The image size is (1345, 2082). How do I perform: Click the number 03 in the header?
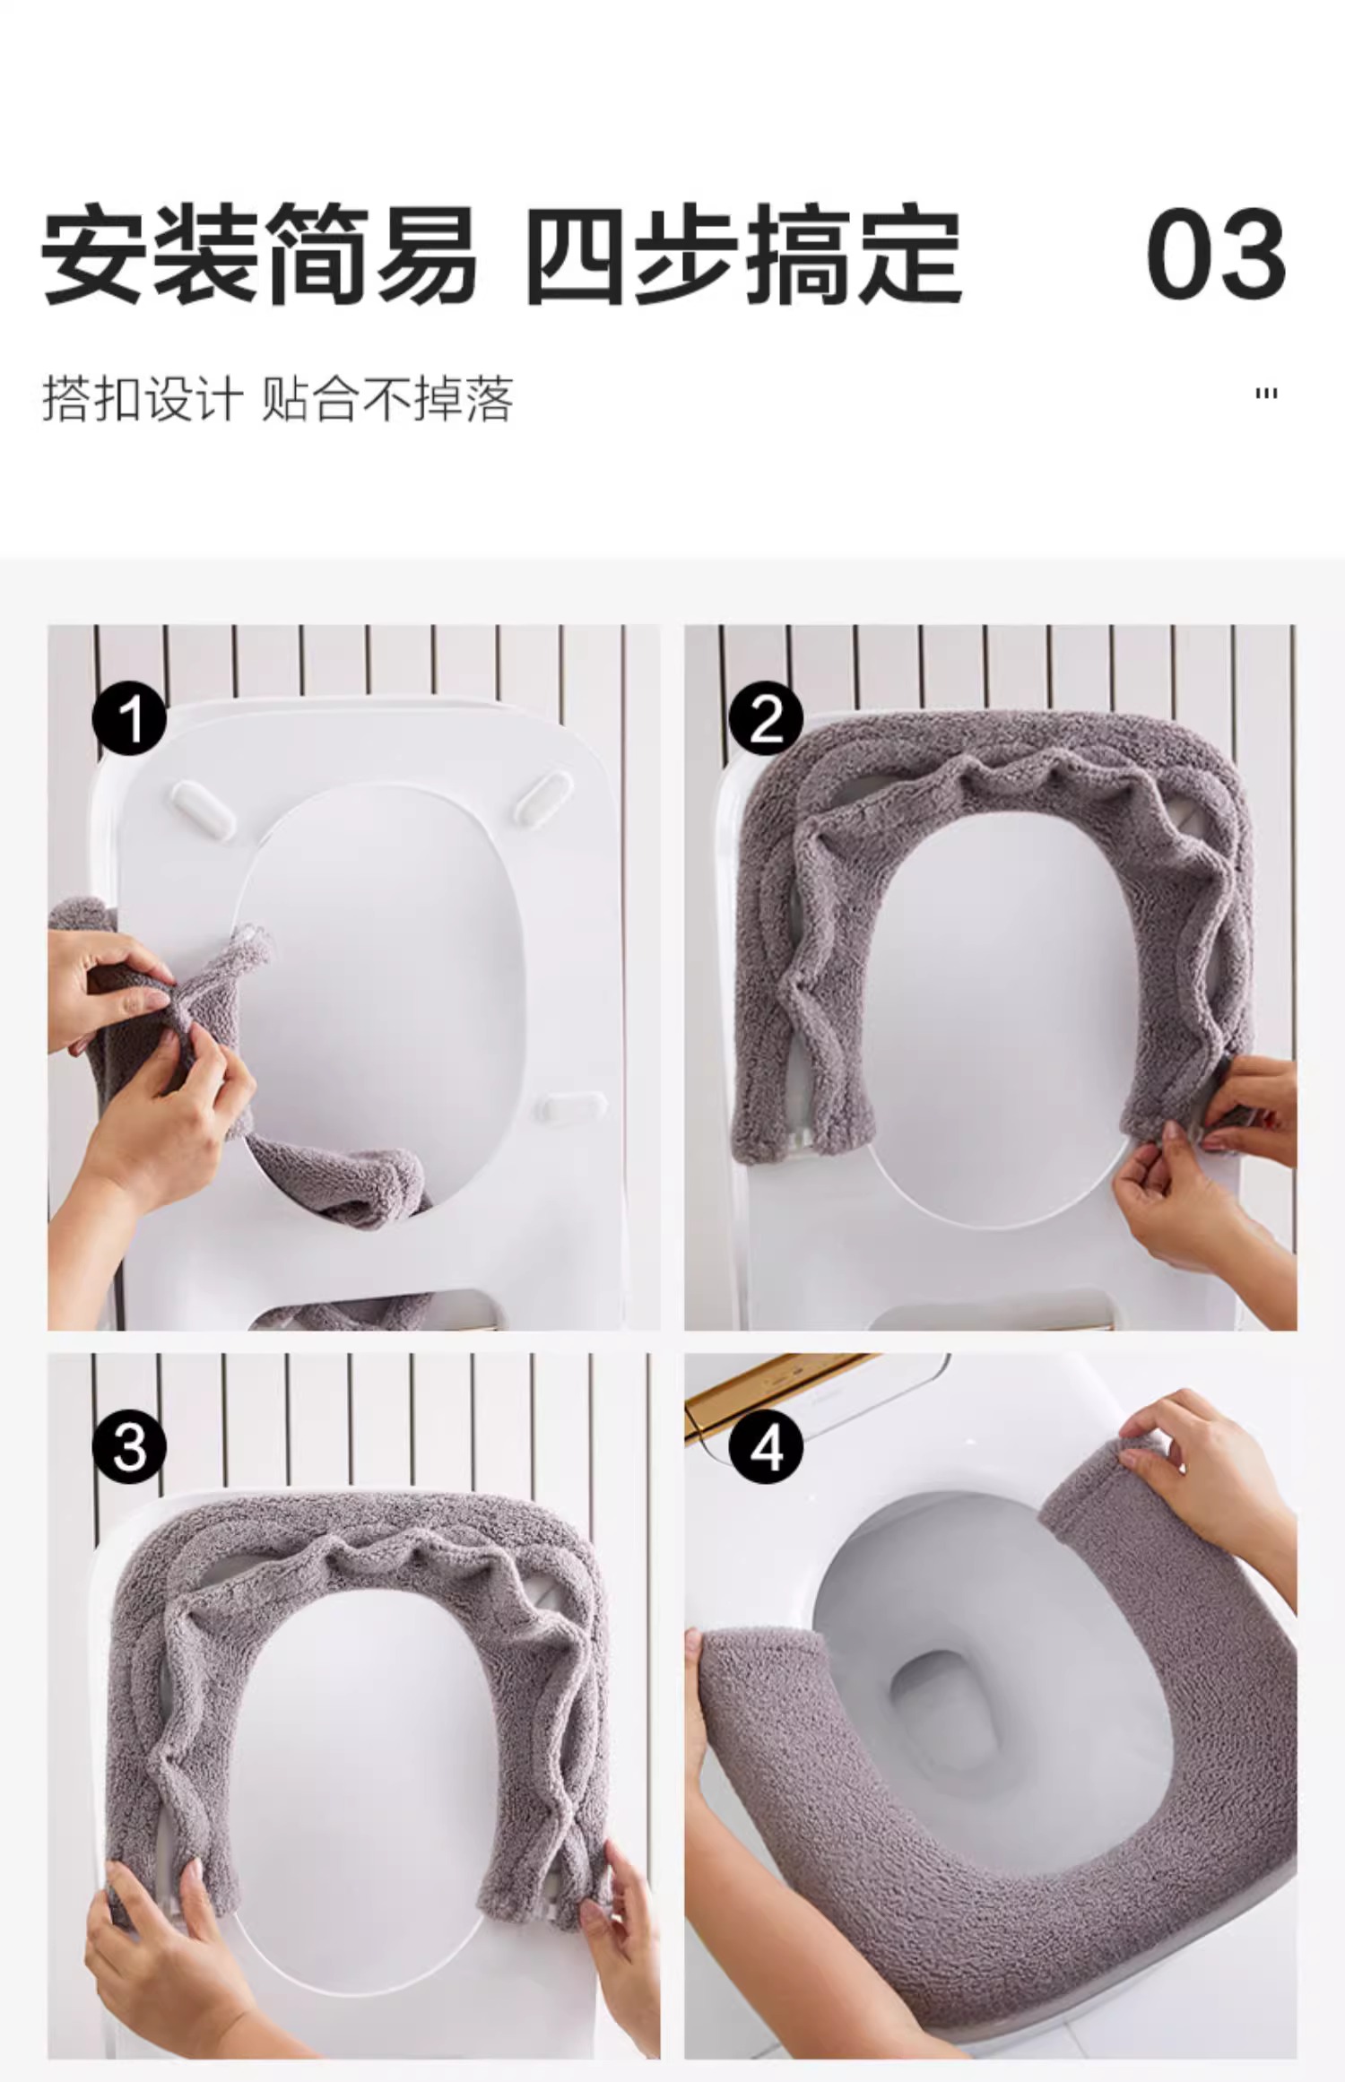point(1216,254)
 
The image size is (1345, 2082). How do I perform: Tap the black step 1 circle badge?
point(130,717)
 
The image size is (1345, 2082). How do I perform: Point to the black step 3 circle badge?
point(130,1446)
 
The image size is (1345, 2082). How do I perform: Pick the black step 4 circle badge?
point(766,1446)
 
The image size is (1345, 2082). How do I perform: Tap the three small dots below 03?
point(1266,394)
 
